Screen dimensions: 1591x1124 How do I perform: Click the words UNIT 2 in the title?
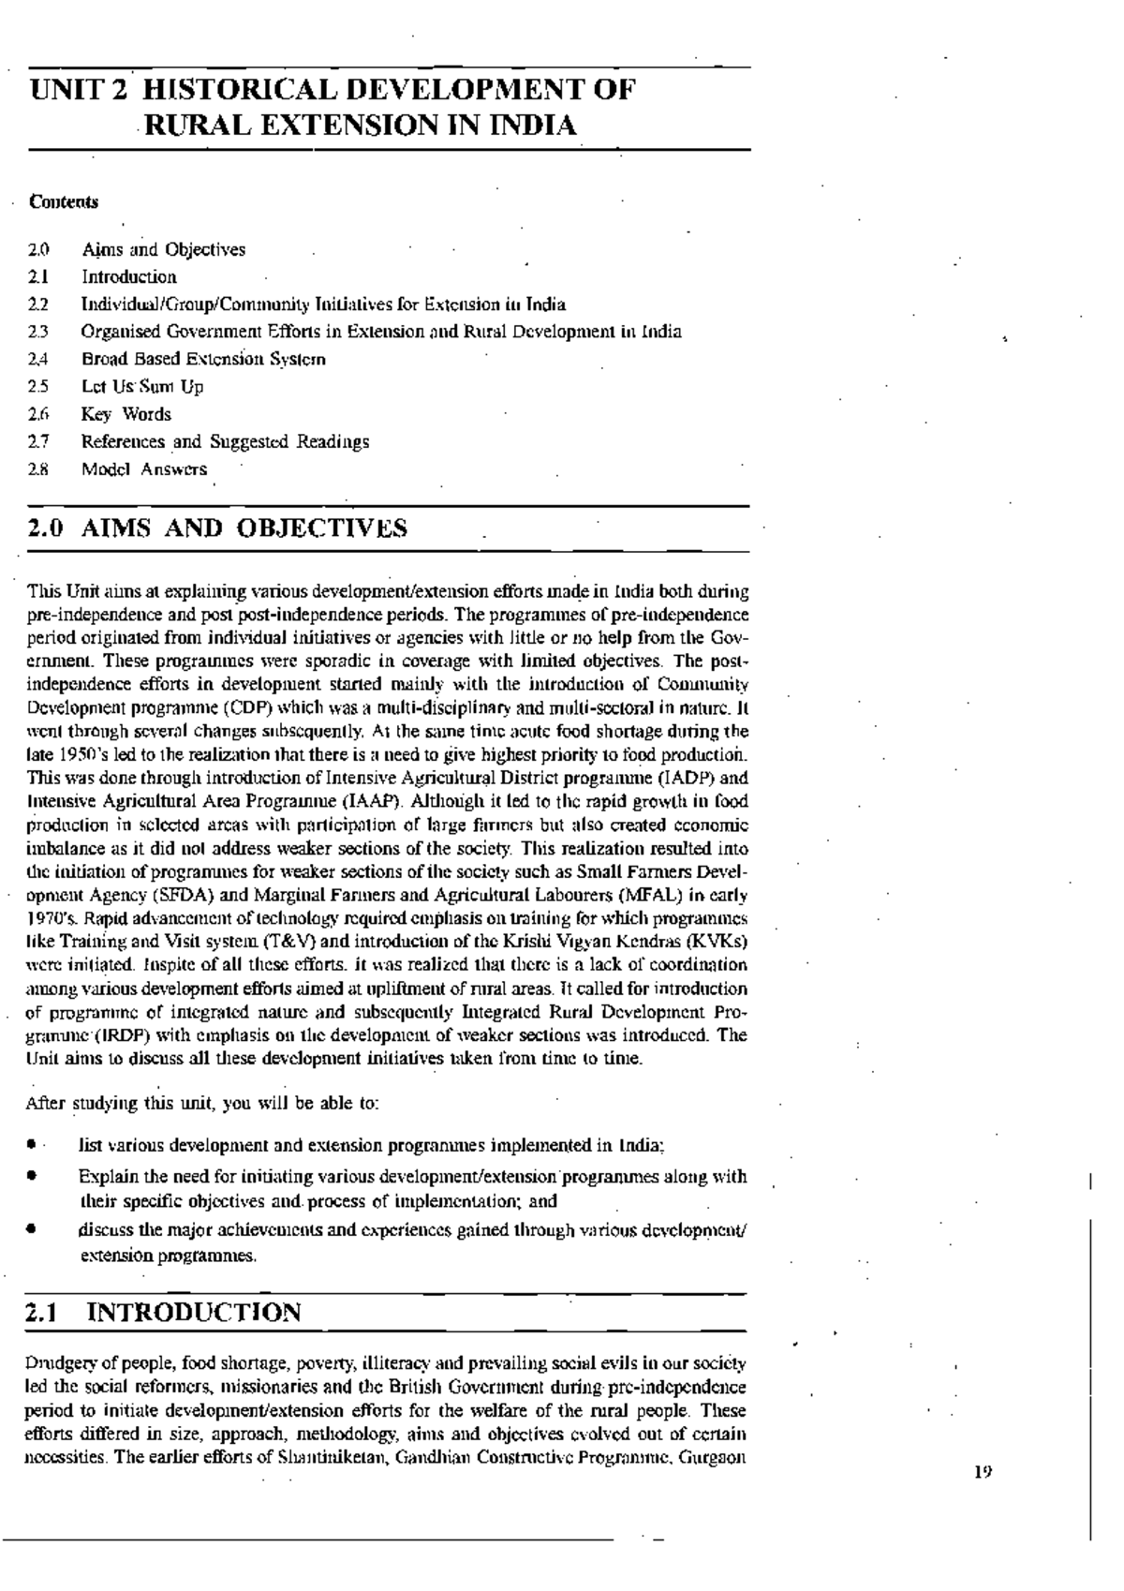pos(80,91)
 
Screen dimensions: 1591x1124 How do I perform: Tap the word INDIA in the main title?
pos(532,126)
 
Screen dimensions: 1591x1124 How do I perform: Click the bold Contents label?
pos(63,201)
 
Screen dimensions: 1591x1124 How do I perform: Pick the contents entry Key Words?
pos(126,414)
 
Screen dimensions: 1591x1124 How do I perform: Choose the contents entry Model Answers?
pos(143,469)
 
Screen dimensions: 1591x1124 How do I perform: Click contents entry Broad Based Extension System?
pos(203,359)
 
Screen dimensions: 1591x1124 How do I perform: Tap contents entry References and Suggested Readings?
pos(225,441)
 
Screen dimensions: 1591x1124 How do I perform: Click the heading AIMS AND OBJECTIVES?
pos(244,528)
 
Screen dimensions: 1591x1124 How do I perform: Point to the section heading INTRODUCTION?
pos(194,1313)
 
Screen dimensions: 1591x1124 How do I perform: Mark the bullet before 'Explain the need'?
pos(32,1177)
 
